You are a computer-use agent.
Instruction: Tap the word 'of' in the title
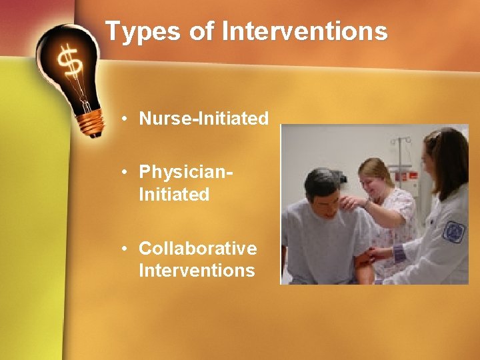[201, 31]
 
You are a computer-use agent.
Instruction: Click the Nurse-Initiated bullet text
[203, 119]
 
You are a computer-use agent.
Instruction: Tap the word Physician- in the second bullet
[186, 172]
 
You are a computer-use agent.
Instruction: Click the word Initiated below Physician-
[174, 195]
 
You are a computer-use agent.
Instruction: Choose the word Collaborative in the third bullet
[197, 249]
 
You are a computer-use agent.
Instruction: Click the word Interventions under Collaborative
[197, 270]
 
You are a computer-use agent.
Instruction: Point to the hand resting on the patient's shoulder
[351, 202]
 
